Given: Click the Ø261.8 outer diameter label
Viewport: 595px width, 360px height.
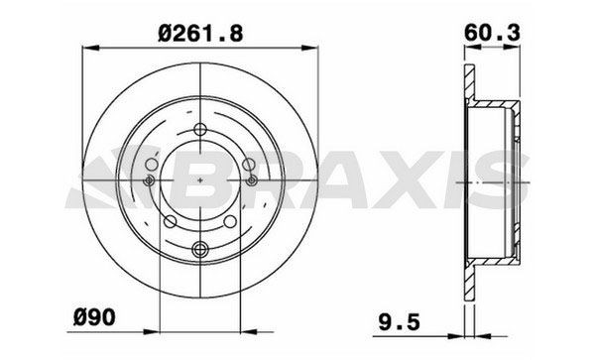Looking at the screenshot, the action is click(200, 33).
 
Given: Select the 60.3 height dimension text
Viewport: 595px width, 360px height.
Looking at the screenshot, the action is click(492, 33).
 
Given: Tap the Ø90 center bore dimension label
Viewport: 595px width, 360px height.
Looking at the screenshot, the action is click(94, 317).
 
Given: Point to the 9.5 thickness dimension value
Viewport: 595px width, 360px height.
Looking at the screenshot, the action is click(400, 322).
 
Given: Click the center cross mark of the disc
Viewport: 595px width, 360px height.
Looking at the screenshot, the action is click(200, 180).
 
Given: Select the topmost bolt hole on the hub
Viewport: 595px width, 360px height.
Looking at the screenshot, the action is click(200, 129).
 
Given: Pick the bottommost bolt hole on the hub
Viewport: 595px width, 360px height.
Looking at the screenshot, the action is click(200, 249).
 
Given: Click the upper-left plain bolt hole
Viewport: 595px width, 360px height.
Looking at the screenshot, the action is click(152, 165).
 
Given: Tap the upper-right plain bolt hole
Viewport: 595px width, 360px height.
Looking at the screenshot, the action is click(249, 165).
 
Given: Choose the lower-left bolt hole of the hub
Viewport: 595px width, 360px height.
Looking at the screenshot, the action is click(170, 221).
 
